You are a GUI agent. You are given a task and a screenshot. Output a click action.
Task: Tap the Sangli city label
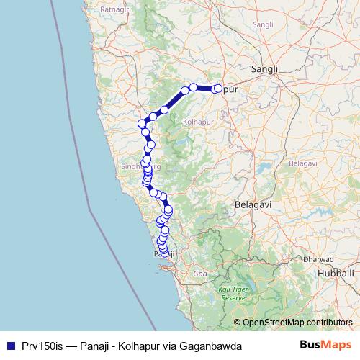[x=264, y=68]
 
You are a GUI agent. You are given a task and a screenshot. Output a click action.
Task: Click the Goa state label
[x=199, y=274]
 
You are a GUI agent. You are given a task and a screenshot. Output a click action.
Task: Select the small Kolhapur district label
[x=193, y=124]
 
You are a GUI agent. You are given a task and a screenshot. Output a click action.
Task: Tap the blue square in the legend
[x=9, y=346]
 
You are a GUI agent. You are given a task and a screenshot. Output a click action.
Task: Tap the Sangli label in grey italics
[x=263, y=24]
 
